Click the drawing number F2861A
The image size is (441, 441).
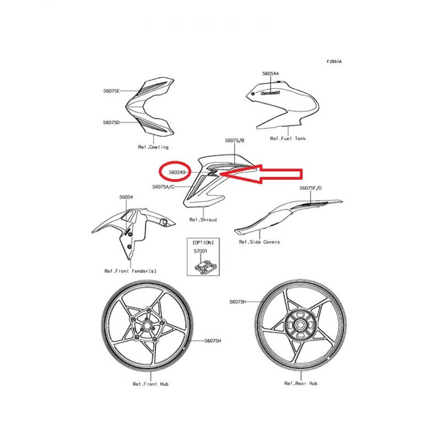click(334, 61)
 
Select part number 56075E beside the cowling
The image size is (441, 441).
click(111, 91)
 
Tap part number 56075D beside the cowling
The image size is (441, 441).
click(111, 122)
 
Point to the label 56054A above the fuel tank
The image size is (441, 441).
click(271, 73)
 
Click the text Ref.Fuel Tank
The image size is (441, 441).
click(288, 138)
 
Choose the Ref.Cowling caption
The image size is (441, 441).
click(153, 147)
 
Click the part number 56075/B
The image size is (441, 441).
click(235, 140)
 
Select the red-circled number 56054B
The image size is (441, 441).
click(177, 172)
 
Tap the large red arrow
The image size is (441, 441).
click(261, 174)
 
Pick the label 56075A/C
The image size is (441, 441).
click(164, 187)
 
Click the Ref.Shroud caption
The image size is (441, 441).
click(203, 220)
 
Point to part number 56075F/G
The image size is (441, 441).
click(311, 188)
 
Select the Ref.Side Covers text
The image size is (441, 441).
click(259, 242)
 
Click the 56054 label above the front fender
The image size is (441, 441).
click(126, 197)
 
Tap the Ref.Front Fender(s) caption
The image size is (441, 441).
click(130, 271)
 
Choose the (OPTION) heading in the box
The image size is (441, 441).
click(203, 243)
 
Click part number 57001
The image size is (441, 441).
click(201, 251)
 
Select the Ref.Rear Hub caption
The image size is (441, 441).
click(300, 383)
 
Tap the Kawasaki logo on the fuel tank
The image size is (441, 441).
click(270, 93)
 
